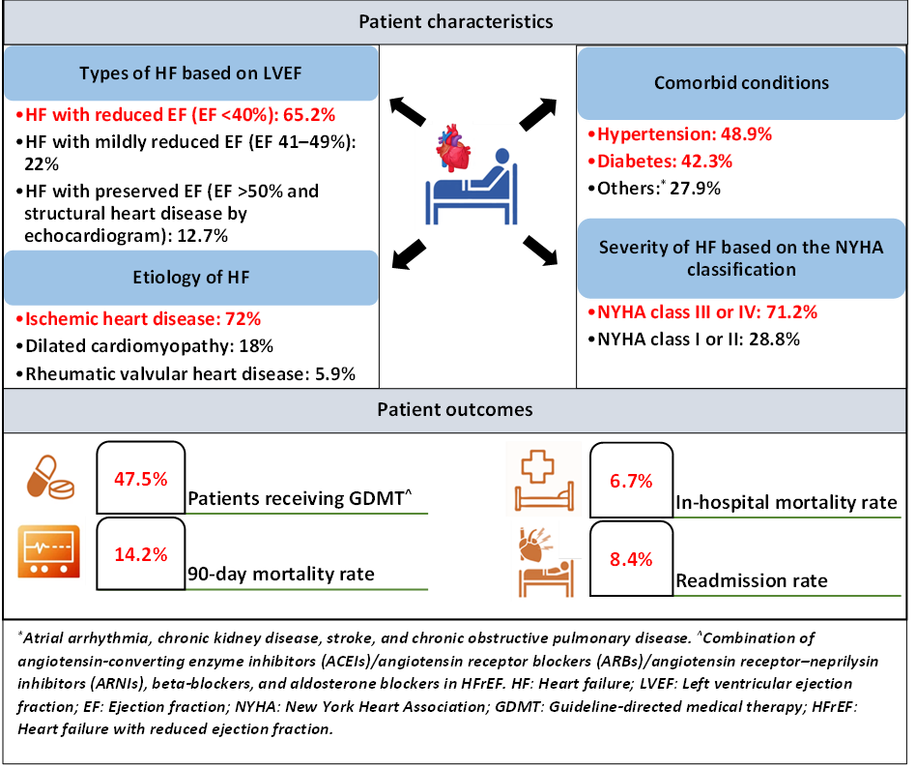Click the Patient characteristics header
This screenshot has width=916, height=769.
point(456,21)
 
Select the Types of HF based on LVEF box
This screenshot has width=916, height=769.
point(191,74)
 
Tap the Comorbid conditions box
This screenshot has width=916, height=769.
point(741,82)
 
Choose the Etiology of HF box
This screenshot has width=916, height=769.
point(191,278)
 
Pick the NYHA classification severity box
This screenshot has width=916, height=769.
point(741,258)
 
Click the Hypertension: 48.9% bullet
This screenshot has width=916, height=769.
point(684,134)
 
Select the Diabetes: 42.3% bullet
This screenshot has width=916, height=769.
point(665,161)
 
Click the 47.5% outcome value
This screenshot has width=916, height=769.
point(141,478)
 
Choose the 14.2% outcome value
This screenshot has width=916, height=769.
point(141,554)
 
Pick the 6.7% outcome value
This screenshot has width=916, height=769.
point(631,480)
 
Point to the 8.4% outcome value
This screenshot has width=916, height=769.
point(631,558)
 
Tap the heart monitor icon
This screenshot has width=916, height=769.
point(47,551)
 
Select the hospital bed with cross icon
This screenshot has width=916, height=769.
point(544,479)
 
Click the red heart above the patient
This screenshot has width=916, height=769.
point(451,152)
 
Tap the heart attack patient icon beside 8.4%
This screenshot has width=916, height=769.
point(545,561)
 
